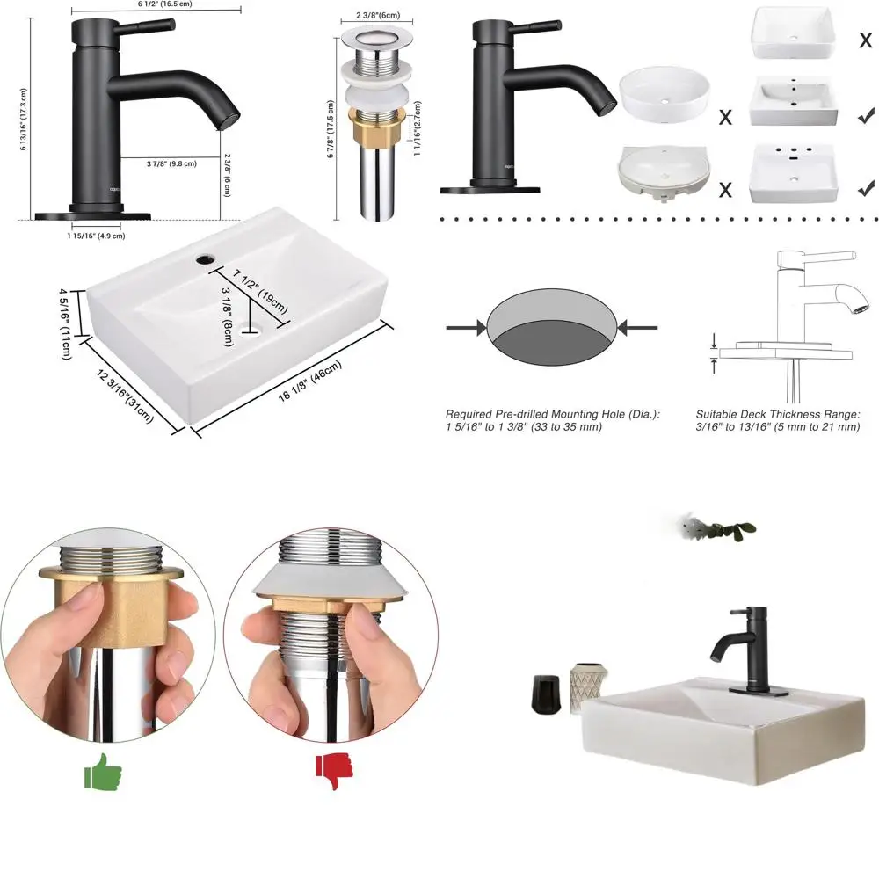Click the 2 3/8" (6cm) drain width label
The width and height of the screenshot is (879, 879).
pos(377,15)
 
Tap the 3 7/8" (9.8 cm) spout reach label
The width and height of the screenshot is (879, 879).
pos(171,163)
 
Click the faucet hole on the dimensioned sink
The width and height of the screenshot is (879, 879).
pos(204,259)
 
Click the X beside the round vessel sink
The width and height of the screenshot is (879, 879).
pos(725,117)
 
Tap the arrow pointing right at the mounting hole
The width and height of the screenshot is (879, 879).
pos(467,328)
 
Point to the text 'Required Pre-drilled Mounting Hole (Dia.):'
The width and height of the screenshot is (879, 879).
pos(552,414)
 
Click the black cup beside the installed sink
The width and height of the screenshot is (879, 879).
pos(544,694)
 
